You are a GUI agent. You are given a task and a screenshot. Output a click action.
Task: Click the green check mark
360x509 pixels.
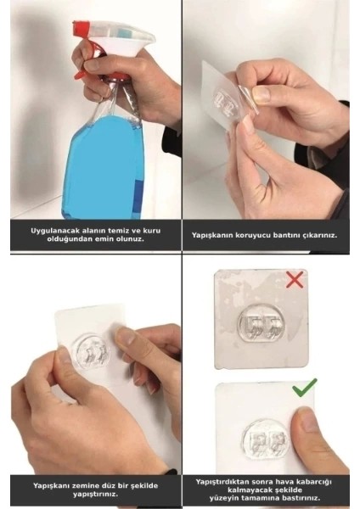pyautogui.click(x=304, y=390)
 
